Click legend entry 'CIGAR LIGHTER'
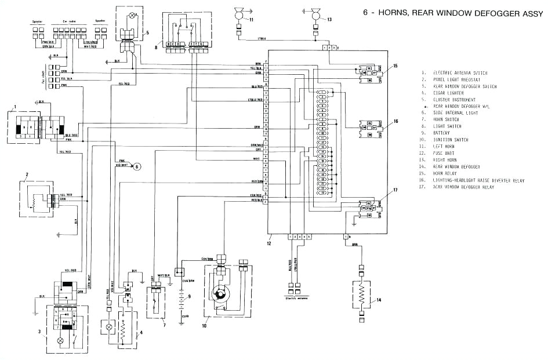(x=449, y=93)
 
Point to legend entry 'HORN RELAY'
(x=447, y=173)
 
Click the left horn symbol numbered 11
(x=238, y=13)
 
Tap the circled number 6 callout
(x=137, y=166)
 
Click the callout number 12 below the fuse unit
(x=270, y=238)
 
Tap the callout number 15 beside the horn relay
(x=395, y=66)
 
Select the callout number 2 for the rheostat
(x=27, y=174)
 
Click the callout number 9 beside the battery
(x=188, y=296)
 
